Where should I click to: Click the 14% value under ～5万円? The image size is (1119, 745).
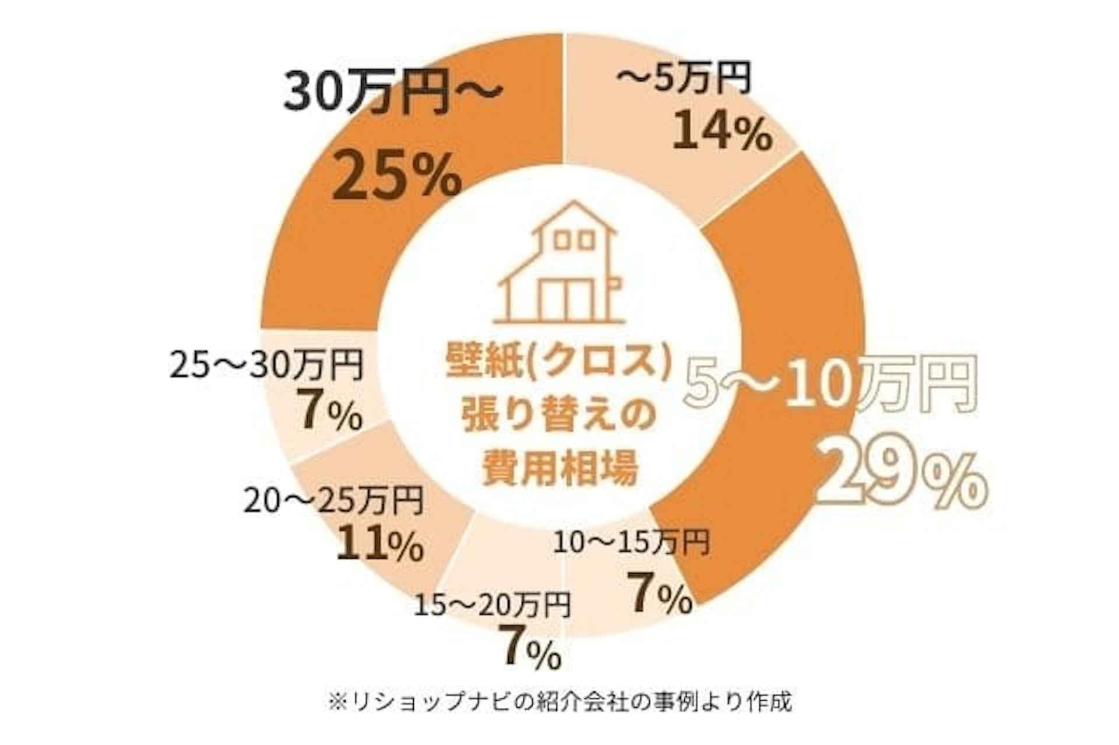(x=723, y=132)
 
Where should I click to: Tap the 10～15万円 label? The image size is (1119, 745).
(x=631, y=543)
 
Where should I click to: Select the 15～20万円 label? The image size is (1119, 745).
(x=492, y=606)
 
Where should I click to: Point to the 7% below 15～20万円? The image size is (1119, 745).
(x=531, y=648)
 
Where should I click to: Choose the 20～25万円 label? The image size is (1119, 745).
(x=333, y=501)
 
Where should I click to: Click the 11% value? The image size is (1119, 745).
(x=379, y=544)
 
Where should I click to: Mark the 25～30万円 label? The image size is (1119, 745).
(x=267, y=366)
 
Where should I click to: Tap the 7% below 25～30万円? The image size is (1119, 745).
(x=329, y=411)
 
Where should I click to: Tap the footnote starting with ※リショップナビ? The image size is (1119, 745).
(x=559, y=701)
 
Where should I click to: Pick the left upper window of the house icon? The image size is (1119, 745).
(x=561, y=240)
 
